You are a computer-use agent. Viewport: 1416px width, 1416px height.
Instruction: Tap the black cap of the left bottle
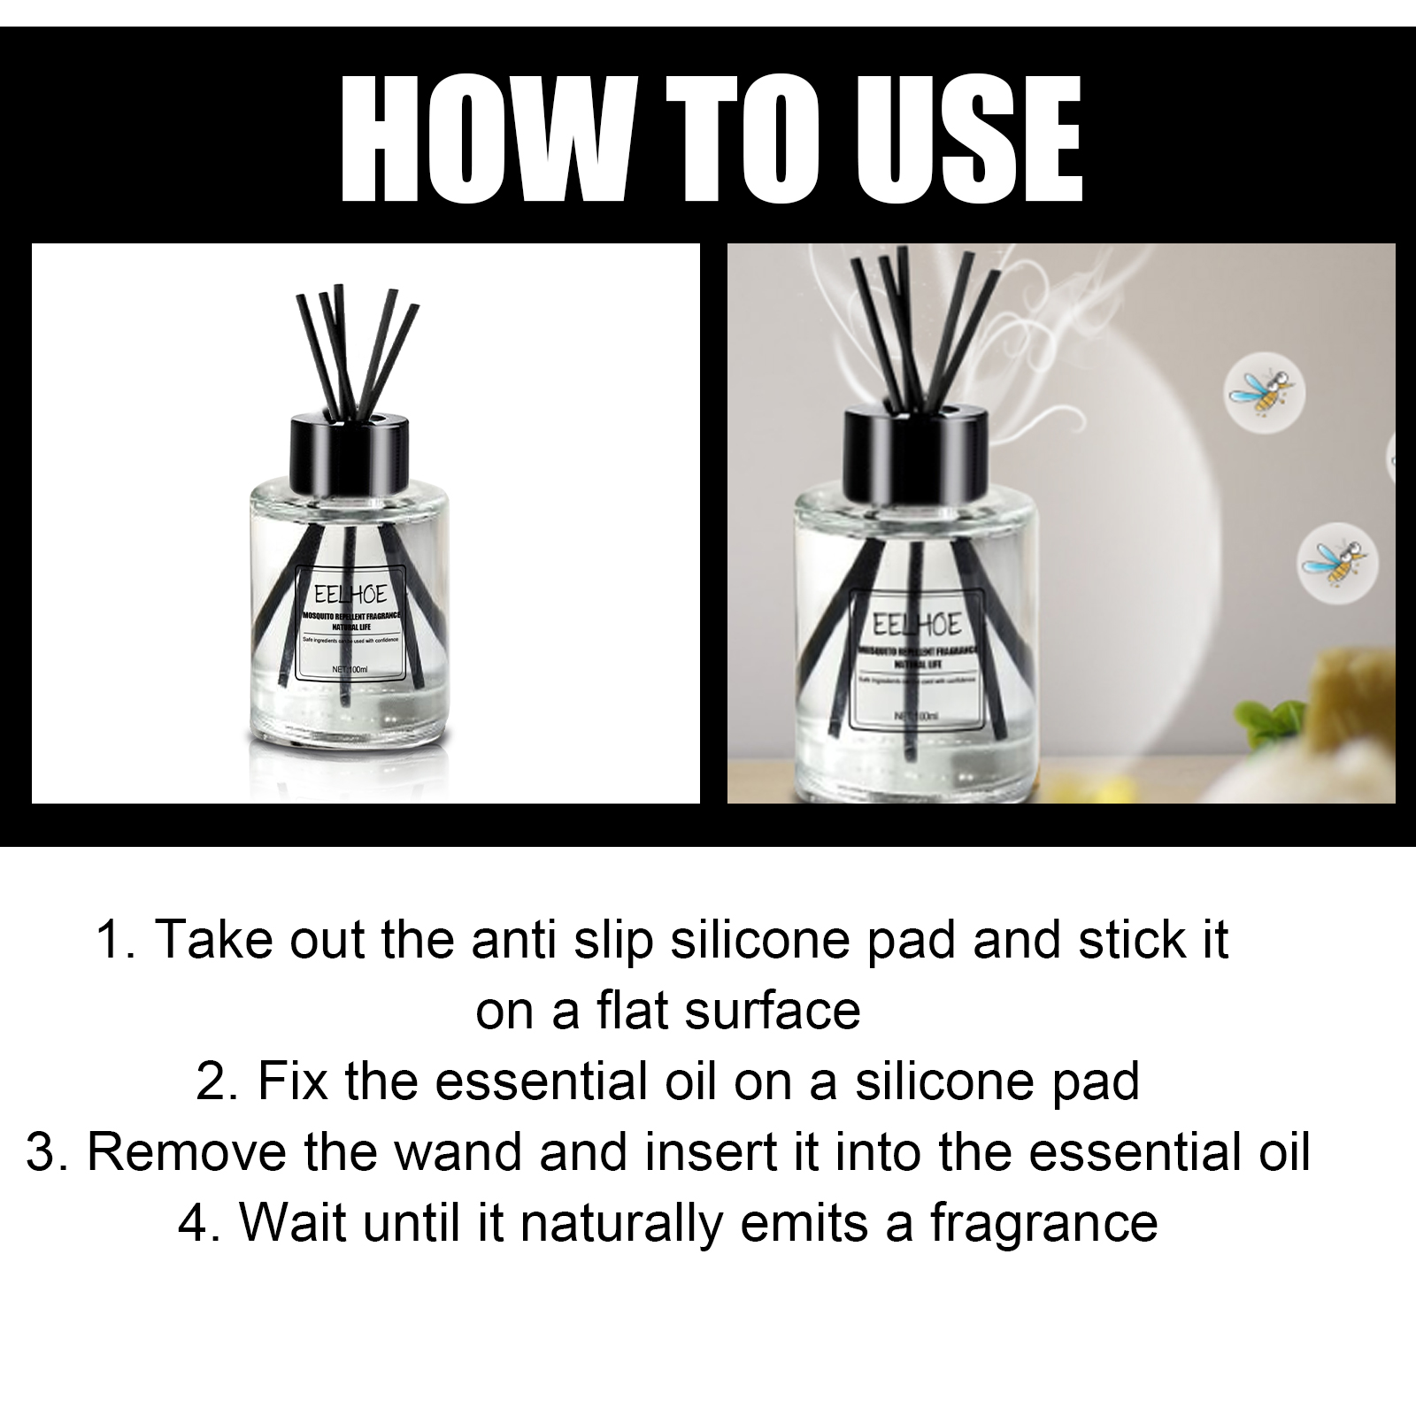coord(354,448)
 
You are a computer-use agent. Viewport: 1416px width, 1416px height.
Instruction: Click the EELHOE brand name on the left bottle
coord(350,594)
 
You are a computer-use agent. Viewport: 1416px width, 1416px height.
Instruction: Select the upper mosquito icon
coord(1264,392)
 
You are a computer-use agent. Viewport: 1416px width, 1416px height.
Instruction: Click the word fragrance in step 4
coord(1043,1224)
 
